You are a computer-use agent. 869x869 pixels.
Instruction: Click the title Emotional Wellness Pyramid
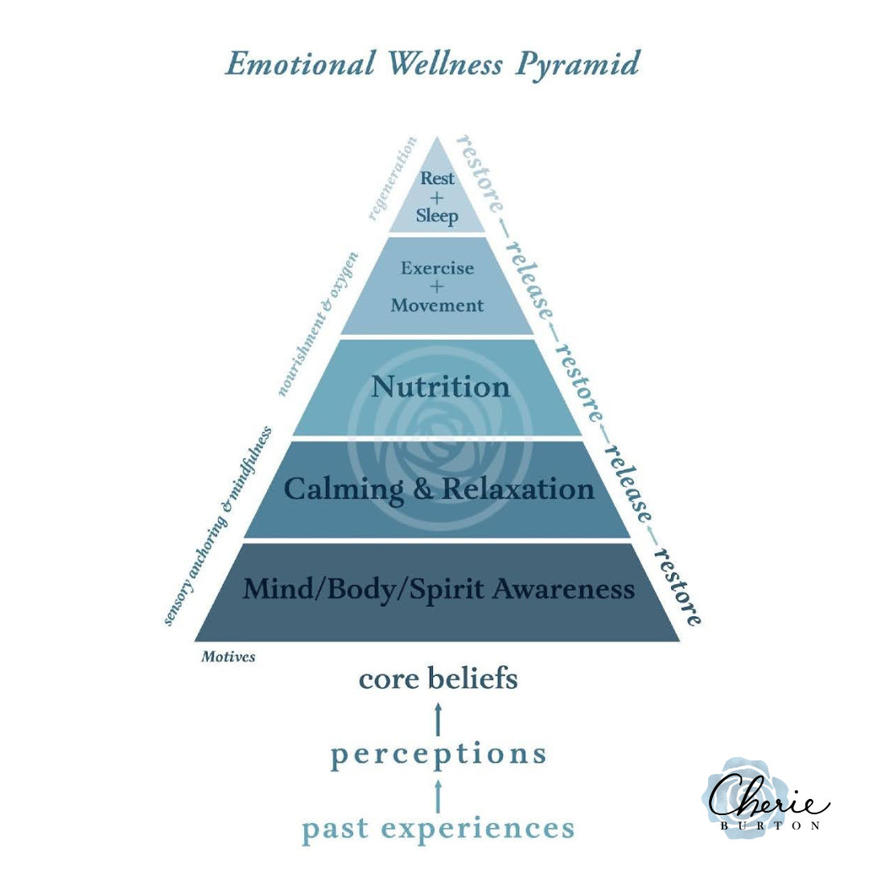pyautogui.click(x=433, y=64)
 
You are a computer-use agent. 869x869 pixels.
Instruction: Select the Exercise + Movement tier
pyautogui.click(x=437, y=286)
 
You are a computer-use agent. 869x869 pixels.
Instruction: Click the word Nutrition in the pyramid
pyautogui.click(x=440, y=388)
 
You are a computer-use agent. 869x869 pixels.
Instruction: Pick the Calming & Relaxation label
pyautogui.click(x=439, y=489)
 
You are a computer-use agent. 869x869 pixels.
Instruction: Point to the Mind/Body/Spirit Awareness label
pyautogui.click(x=439, y=590)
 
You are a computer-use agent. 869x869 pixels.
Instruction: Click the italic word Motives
pyautogui.click(x=228, y=657)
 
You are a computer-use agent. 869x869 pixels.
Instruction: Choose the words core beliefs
pyautogui.click(x=438, y=680)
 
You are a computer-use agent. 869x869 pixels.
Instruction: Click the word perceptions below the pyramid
pyautogui.click(x=438, y=755)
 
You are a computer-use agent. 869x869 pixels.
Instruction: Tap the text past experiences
pyautogui.click(x=438, y=829)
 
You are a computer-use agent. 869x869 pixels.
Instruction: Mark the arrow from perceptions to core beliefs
pyautogui.click(x=438, y=719)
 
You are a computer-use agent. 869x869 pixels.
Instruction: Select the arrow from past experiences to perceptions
pyautogui.click(x=438, y=793)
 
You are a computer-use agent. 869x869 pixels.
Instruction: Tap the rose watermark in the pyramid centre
pyautogui.click(x=440, y=451)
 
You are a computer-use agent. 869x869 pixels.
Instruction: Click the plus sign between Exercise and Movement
pyautogui.click(x=436, y=287)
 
